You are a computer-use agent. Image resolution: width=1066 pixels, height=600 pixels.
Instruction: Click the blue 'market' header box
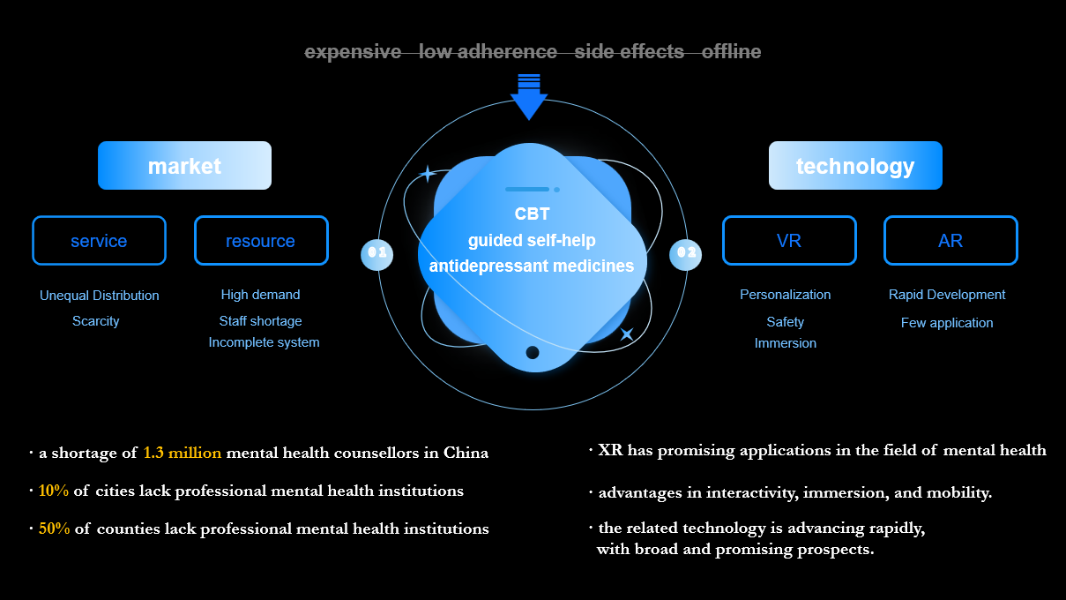184,166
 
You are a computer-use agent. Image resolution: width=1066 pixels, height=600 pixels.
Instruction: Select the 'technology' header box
855,166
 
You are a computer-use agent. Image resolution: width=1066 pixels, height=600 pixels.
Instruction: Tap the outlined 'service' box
99,241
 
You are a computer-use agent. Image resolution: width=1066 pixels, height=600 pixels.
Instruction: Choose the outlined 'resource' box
261,241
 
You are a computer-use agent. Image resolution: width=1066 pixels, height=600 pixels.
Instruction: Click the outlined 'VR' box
789,241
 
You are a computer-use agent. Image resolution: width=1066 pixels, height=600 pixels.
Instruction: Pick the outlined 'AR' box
950,241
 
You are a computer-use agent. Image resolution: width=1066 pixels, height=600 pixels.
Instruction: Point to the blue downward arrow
529,97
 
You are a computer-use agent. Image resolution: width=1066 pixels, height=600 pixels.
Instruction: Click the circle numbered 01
376,253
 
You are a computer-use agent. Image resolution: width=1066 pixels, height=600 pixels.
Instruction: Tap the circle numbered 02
685,253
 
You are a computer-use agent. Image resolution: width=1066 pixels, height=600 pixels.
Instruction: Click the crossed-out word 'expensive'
353,52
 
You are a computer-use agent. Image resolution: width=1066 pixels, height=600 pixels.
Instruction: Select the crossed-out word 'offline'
731,52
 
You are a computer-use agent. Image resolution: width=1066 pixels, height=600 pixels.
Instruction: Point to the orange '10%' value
54,491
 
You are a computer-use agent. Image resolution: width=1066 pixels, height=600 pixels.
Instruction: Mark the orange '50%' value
54,529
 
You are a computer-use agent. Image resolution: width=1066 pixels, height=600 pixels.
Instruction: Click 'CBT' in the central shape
532,214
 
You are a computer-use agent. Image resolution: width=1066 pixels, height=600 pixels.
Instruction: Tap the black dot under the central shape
533,353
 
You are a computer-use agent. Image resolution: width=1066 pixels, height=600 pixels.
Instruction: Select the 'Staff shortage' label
260,321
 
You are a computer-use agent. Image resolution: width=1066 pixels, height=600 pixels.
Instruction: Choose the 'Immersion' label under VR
786,343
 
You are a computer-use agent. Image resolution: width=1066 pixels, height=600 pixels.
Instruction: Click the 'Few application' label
947,323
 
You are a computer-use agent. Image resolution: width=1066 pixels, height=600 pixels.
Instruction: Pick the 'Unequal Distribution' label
100,296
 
